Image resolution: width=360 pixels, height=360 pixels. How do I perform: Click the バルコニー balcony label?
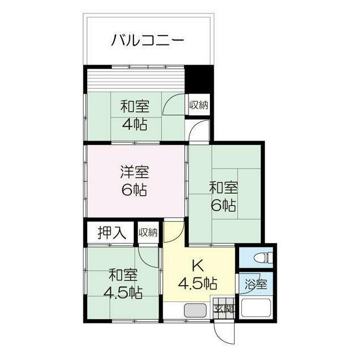[x=147, y=40]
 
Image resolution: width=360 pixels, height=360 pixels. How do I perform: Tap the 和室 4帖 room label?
[x=135, y=115]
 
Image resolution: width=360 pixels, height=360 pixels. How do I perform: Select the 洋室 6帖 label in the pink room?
[x=135, y=181]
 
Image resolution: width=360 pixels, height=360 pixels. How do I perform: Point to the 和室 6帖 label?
[x=223, y=196]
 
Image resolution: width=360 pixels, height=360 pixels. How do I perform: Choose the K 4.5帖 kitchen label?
[x=197, y=275]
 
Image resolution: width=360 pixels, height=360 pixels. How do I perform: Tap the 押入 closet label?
[x=112, y=232]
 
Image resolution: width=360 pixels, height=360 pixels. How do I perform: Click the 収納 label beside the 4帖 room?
[x=199, y=105]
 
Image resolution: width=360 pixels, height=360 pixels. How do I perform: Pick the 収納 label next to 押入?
[x=148, y=232]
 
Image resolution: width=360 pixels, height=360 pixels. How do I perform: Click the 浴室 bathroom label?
[x=256, y=284]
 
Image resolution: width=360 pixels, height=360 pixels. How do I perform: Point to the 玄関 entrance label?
[x=224, y=309]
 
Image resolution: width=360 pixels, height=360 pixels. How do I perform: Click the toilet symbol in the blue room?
[x=263, y=257]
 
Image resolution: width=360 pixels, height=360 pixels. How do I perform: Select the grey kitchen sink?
[x=195, y=310]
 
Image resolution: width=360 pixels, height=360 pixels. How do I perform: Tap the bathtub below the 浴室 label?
[x=256, y=308]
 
